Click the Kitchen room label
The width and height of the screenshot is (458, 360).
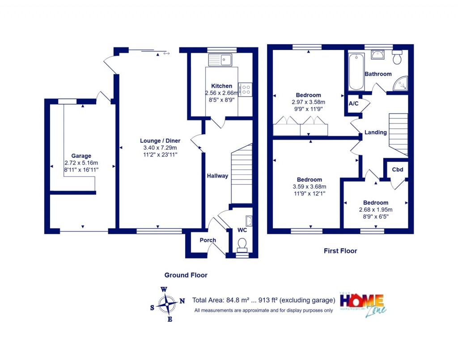pos(222,86)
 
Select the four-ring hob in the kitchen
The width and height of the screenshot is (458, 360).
pos(246,89)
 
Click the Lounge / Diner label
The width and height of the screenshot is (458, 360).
pos(160,141)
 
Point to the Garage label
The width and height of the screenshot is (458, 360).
pos(81,156)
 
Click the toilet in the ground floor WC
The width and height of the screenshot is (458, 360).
pos(242,244)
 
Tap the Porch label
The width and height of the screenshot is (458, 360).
pos(208,240)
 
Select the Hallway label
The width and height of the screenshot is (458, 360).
pos(217,176)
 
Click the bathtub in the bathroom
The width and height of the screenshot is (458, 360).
pos(356,72)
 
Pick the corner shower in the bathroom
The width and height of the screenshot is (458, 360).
pos(402,84)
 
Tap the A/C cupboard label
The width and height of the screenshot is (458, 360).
pos(353,104)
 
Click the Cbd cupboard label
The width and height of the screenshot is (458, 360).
pos(398,169)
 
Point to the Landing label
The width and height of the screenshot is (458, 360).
pos(375,132)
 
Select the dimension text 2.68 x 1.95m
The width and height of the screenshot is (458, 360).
pos(376,210)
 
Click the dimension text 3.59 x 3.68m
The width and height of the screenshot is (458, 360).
pos(309,187)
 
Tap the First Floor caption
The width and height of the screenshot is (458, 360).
pos(340,251)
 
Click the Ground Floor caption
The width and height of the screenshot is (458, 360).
pos(186,275)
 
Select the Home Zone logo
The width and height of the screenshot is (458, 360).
pos(362,304)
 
